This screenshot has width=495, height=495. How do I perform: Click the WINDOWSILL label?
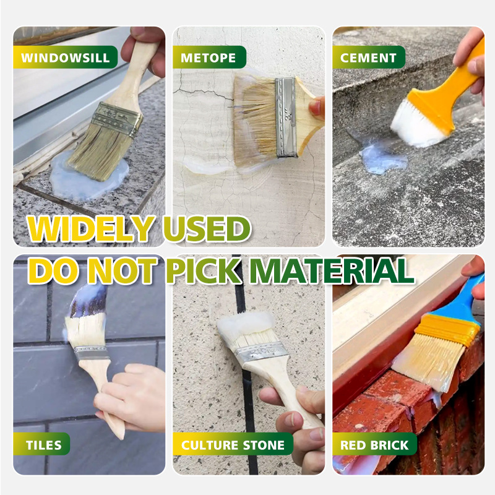(x=66, y=58)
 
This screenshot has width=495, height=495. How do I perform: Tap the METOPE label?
(x=209, y=58)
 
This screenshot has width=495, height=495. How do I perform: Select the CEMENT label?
(x=368, y=58)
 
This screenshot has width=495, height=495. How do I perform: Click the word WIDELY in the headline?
(x=91, y=228)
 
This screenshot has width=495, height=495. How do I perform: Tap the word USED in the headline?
(x=207, y=228)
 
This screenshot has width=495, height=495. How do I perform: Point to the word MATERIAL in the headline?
(x=332, y=270)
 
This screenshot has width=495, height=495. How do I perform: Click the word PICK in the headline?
(x=204, y=270)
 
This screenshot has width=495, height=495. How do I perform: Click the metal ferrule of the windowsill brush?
(x=117, y=119)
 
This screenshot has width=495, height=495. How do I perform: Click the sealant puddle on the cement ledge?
(x=382, y=160)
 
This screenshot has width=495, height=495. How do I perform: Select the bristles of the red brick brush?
(x=426, y=361)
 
